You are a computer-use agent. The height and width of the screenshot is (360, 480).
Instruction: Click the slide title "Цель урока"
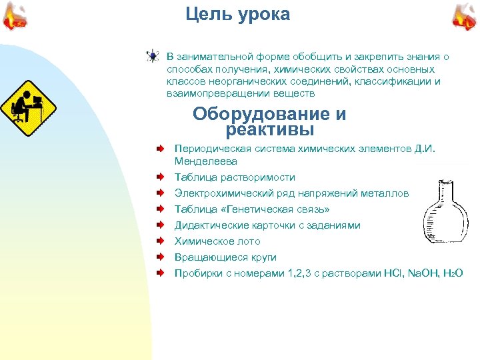pos(238,15)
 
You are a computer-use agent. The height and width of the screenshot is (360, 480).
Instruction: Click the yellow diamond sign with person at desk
pos(27,107)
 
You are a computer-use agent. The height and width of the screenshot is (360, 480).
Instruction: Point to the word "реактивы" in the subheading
pos(270,129)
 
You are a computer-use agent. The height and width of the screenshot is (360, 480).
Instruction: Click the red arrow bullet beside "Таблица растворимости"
pos(161,177)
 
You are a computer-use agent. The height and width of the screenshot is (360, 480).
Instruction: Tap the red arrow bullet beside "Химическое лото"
pos(161,241)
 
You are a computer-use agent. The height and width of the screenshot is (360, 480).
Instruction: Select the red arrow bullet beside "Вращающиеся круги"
pos(161,257)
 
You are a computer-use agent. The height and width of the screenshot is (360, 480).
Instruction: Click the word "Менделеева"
pos(205,161)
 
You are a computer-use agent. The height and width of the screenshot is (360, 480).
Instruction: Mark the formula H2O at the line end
pos(453,273)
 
